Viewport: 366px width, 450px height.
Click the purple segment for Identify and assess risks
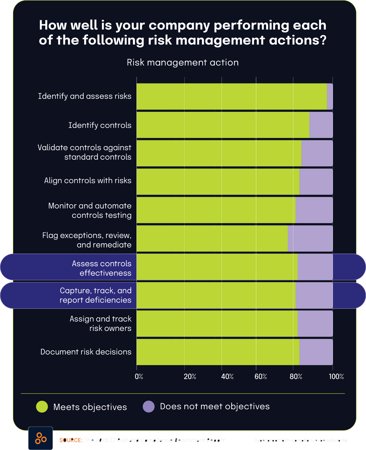(x=330, y=97)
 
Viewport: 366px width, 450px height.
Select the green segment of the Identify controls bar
(x=223, y=125)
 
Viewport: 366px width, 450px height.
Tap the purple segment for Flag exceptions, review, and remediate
(x=310, y=238)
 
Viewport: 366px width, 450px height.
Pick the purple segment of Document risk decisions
(x=316, y=352)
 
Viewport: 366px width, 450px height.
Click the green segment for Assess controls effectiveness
(x=217, y=267)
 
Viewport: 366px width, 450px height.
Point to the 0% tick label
(x=139, y=377)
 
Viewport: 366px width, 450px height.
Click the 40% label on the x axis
(x=227, y=377)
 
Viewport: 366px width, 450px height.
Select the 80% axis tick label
(x=296, y=377)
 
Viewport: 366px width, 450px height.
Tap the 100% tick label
(x=336, y=377)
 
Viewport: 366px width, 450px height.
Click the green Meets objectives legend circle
(x=42, y=407)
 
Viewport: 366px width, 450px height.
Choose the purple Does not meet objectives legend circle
(x=149, y=406)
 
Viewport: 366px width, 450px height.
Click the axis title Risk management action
(x=183, y=62)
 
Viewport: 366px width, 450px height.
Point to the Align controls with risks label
(x=88, y=181)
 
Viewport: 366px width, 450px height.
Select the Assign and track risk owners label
(x=101, y=323)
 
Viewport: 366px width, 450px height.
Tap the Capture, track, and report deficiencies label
(x=96, y=295)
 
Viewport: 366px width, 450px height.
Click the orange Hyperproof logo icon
(x=41, y=438)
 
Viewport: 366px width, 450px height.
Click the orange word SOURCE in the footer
(x=71, y=440)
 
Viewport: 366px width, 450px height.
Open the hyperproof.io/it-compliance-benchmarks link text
(x=301, y=440)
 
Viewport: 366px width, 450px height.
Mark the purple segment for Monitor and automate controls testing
(x=314, y=210)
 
